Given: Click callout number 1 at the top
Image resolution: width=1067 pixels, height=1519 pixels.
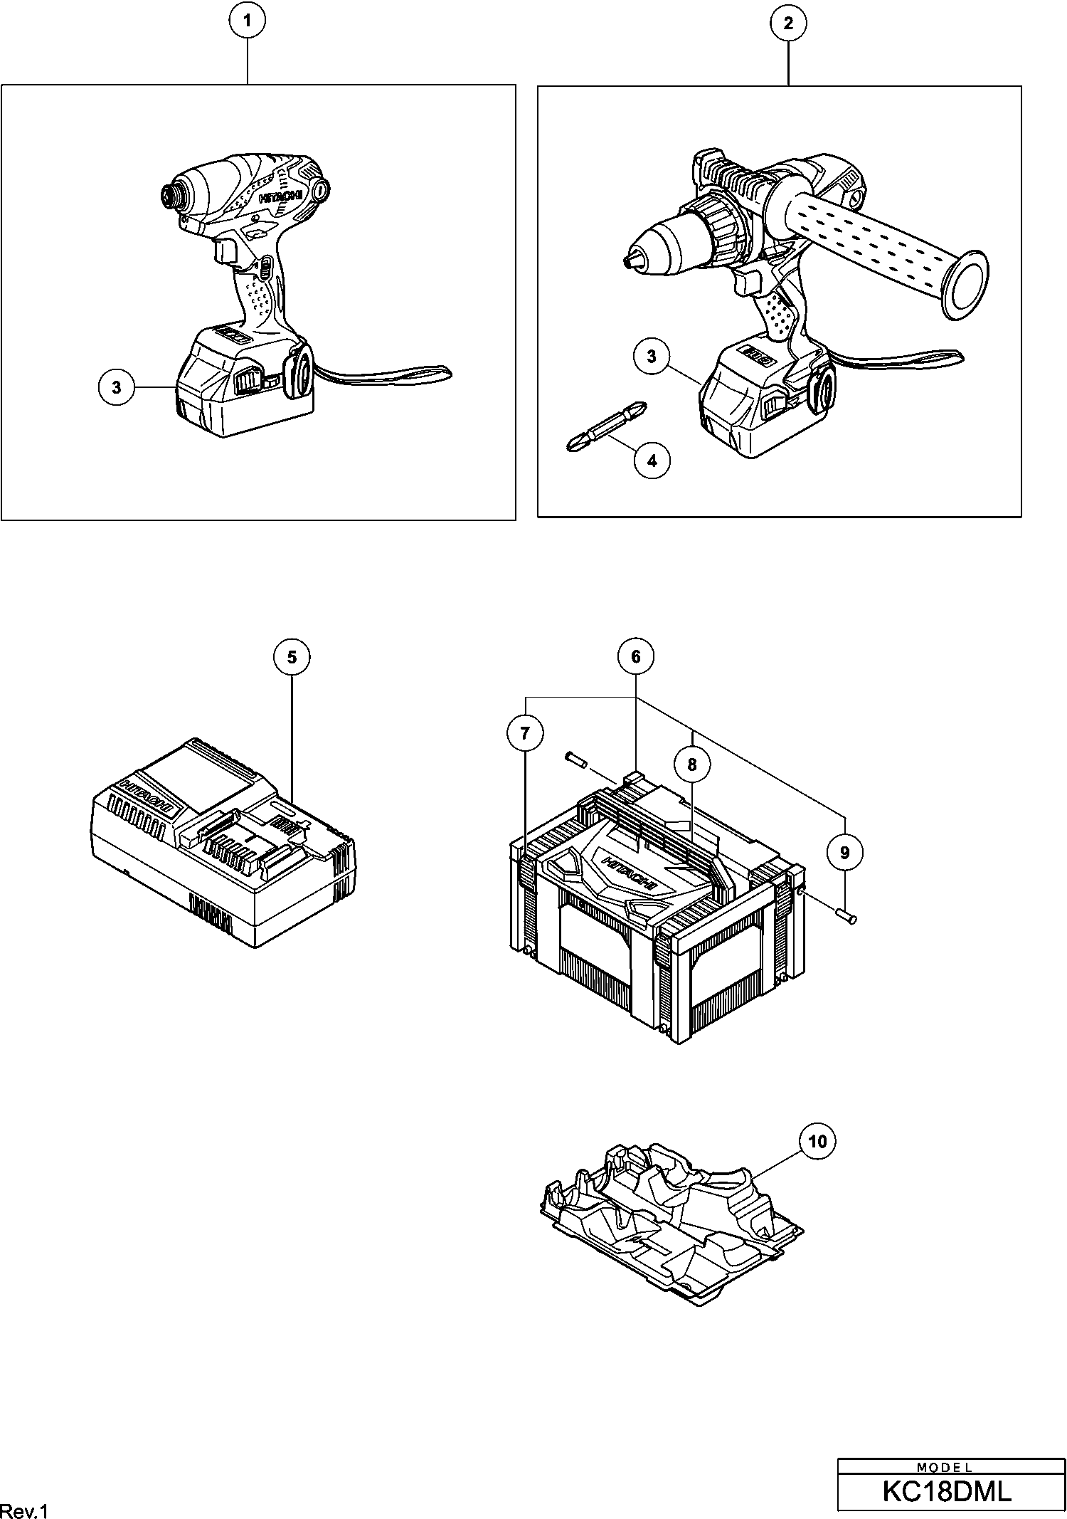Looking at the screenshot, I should (247, 21).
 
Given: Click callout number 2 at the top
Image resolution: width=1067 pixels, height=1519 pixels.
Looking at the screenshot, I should (788, 23).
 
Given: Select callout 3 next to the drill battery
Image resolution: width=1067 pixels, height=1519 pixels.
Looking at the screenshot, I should (652, 356).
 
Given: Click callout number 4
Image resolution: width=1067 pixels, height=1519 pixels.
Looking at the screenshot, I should (652, 461).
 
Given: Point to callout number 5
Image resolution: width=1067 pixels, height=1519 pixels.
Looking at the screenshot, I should (292, 657).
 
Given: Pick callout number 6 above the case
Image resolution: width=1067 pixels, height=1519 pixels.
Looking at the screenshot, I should (636, 656).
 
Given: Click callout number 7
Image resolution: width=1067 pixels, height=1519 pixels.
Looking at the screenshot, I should (525, 733).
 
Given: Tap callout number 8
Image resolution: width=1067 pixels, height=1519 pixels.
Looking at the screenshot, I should (691, 765).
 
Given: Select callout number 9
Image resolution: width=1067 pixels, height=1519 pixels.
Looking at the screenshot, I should (845, 852).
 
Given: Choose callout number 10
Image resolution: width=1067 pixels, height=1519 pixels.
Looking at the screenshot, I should (818, 1142).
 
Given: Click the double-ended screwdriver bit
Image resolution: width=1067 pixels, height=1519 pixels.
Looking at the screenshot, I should (607, 426).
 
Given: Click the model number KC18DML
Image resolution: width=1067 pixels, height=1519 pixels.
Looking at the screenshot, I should (946, 1491).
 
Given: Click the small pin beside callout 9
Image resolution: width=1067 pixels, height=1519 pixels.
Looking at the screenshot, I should (848, 918).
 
